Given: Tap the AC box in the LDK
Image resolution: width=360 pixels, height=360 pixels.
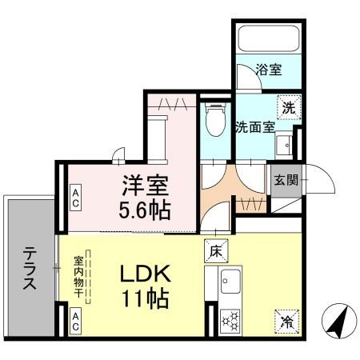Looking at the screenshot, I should coord(75,322).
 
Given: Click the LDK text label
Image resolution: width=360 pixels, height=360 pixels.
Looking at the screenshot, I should coord(147,274).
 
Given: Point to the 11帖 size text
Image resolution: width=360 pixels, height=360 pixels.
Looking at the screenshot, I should coord(146,301).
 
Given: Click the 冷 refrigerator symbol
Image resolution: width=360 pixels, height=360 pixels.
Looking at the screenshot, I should coord(286,321).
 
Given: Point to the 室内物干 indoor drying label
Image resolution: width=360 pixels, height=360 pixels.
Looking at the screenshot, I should coord(80,277).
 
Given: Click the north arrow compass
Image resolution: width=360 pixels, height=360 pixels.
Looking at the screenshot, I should coord(336,324).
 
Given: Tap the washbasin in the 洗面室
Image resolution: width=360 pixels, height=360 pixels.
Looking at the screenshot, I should coord(283,144).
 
